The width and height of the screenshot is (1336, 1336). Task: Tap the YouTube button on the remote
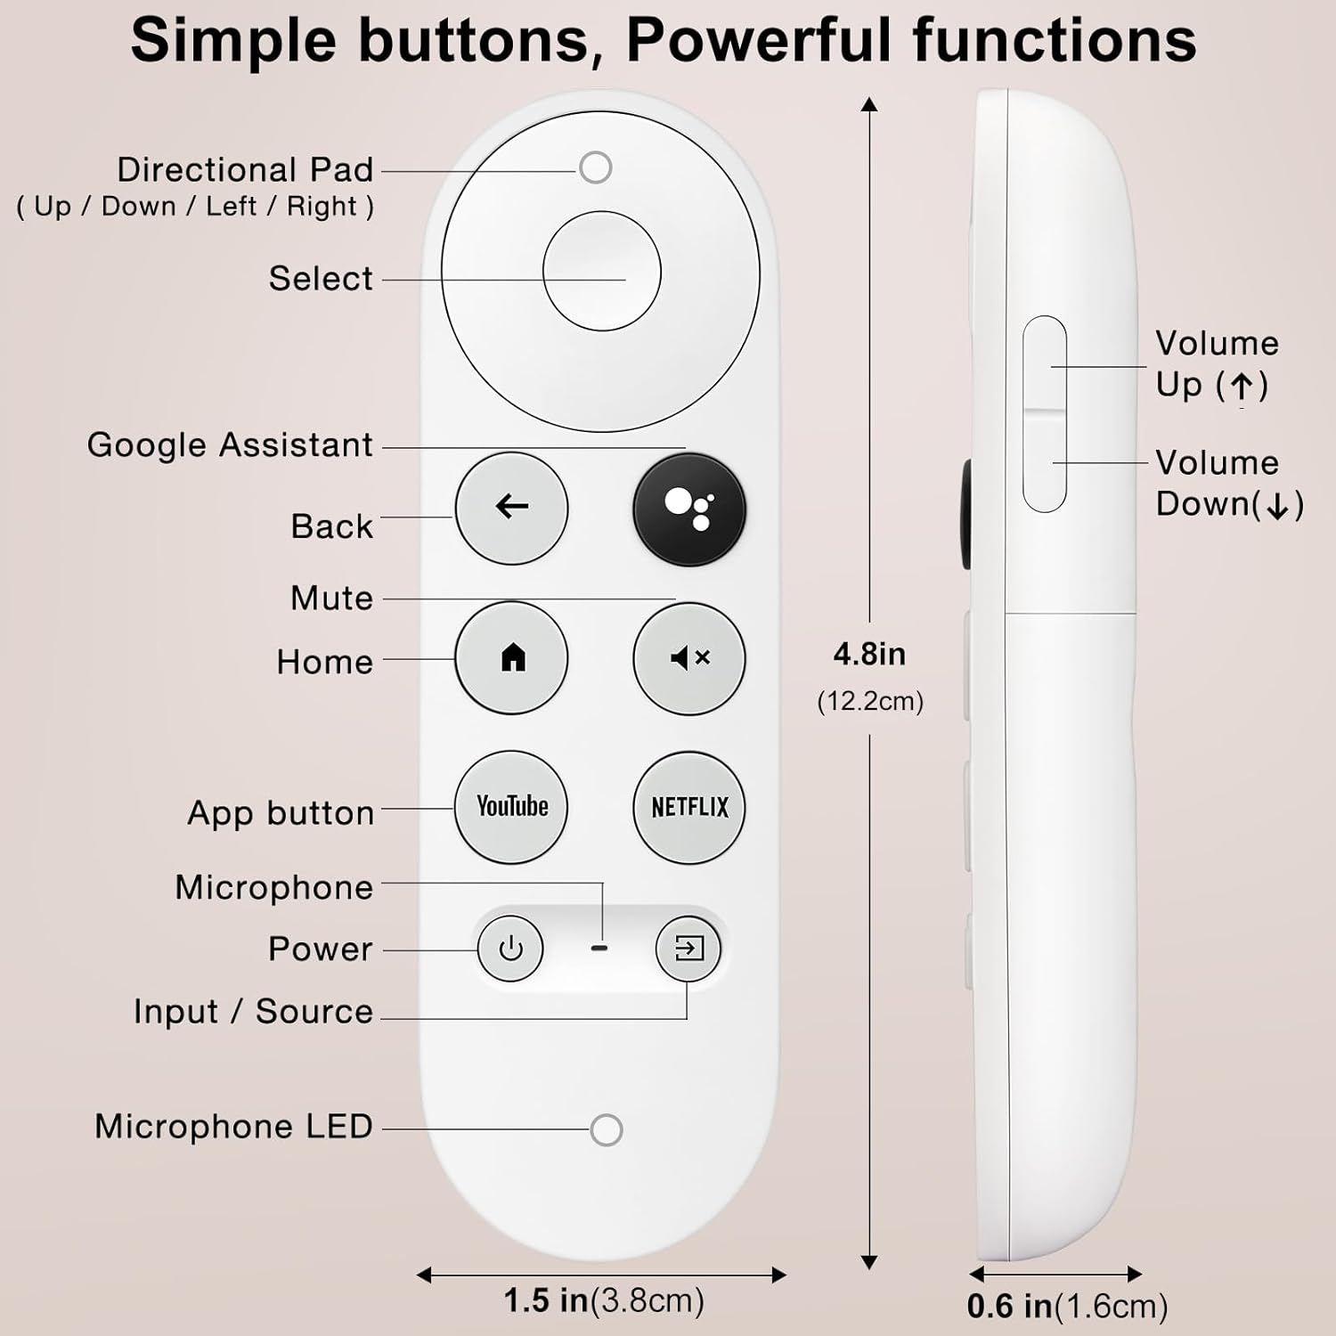click(511, 807)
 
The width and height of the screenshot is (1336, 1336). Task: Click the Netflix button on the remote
click(689, 808)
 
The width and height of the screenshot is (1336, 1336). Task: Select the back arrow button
click(511, 508)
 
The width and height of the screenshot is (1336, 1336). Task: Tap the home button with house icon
click(511, 658)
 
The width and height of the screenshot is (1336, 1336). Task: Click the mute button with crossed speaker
click(689, 658)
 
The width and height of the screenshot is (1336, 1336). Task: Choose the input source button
click(688, 949)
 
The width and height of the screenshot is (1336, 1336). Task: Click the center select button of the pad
click(602, 271)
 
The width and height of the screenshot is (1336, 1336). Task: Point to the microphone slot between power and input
click(599, 949)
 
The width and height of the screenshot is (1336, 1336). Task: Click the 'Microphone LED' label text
click(233, 1127)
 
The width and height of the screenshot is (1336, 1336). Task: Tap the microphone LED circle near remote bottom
click(607, 1130)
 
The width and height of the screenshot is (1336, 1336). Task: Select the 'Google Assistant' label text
click(230, 444)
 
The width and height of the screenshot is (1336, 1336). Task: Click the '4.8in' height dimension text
click(869, 655)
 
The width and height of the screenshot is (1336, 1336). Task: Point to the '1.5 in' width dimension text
click(546, 1300)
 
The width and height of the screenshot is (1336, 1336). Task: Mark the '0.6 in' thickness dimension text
click(1009, 1307)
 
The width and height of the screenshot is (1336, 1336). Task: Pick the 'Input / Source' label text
click(253, 1012)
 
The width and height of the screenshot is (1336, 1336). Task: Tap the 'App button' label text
click(281, 813)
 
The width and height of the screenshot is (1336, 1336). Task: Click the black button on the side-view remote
click(966, 514)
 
